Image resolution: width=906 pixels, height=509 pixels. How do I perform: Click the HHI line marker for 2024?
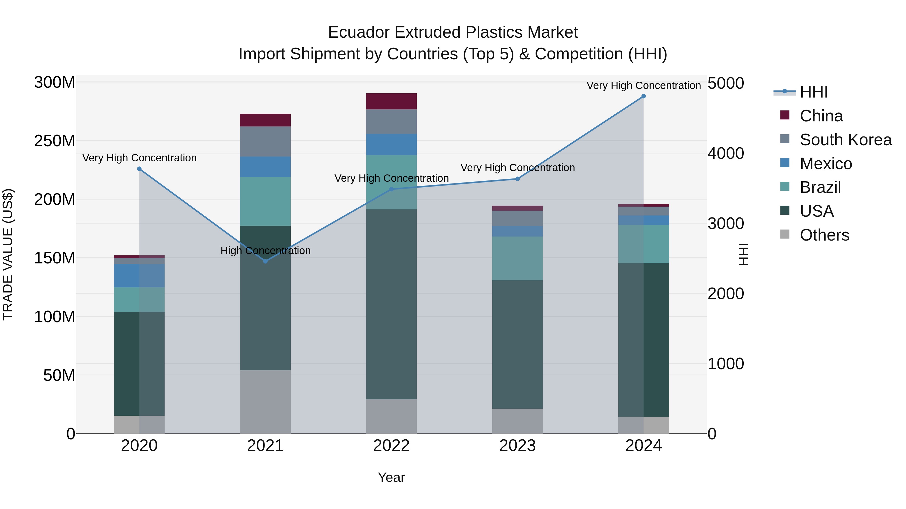pos(643,96)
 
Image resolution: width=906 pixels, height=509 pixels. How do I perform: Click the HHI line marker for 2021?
pos(266,261)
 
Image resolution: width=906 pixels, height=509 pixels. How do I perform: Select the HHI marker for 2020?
pos(139,169)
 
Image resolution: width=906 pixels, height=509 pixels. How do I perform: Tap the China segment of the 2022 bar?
pos(391,102)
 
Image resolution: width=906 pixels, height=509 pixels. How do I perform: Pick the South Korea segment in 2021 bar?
pos(265,142)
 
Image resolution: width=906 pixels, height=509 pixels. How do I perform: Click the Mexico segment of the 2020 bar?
pos(139,276)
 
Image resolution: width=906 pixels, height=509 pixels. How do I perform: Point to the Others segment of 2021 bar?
pos(265,402)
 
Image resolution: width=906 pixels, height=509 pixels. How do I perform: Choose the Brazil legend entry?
pos(820,188)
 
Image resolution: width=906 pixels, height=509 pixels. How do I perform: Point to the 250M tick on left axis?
pos(55,141)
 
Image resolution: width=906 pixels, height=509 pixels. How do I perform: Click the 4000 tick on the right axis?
pos(726,154)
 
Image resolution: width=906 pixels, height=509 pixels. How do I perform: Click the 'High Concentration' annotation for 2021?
pos(266,251)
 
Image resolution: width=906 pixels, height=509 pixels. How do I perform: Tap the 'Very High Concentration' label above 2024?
pos(643,86)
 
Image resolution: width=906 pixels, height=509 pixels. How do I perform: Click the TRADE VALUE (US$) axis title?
pos(8,255)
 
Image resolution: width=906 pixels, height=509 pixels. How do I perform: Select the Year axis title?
pos(391,478)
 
